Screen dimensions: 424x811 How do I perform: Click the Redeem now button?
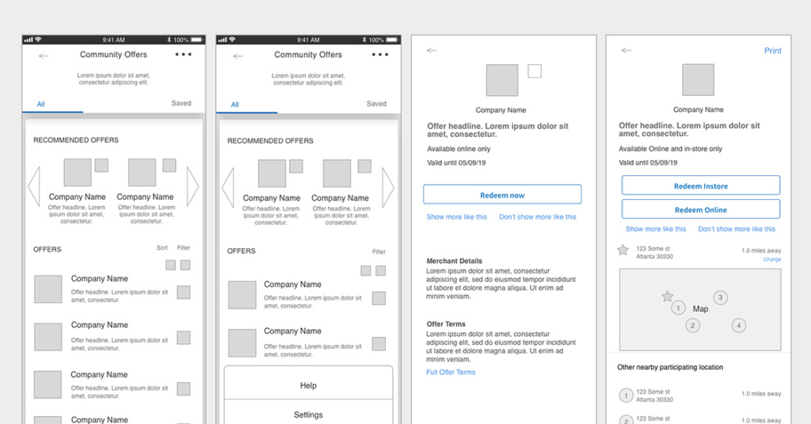pos(502,195)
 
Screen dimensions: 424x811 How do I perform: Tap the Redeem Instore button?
pos(700,186)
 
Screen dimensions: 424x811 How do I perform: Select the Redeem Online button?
pos(700,210)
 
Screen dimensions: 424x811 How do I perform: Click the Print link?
pos(772,51)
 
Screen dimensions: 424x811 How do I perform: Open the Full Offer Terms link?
pos(451,372)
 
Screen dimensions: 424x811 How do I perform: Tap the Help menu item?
pos(308,386)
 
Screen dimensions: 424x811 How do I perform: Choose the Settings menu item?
pos(308,414)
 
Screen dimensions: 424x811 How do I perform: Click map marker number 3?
pos(720,298)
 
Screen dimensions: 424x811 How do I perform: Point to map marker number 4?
pos(738,325)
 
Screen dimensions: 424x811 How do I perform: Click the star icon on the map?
pos(668,296)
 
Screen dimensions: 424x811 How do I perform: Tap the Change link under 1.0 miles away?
pos(771,260)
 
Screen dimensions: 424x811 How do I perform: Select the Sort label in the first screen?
pos(162,248)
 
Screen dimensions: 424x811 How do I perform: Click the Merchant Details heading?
pos(454,261)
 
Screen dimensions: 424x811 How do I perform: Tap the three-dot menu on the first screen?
pos(183,55)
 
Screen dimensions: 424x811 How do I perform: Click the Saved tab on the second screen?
pos(376,104)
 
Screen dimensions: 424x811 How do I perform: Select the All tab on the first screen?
pos(40,104)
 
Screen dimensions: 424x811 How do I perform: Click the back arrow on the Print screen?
pos(626,51)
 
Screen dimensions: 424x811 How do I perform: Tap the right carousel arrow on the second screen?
pos(388,188)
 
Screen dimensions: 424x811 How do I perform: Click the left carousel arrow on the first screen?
pos(33,187)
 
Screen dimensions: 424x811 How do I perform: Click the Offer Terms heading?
pos(446,324)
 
